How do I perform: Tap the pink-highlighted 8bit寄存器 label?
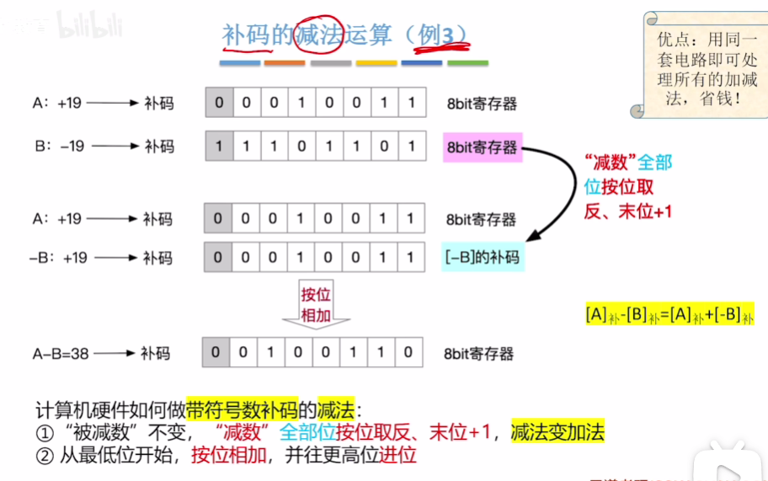(481, 147)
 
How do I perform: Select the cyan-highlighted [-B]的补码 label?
(483, 257)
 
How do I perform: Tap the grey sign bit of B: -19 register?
(218, 147)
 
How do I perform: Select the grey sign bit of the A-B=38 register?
(215, 352)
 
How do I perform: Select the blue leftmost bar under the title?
(240, 63)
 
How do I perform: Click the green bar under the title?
(467, 63)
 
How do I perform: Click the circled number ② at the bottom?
(44, 456)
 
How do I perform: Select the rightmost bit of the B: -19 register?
(412, 147)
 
